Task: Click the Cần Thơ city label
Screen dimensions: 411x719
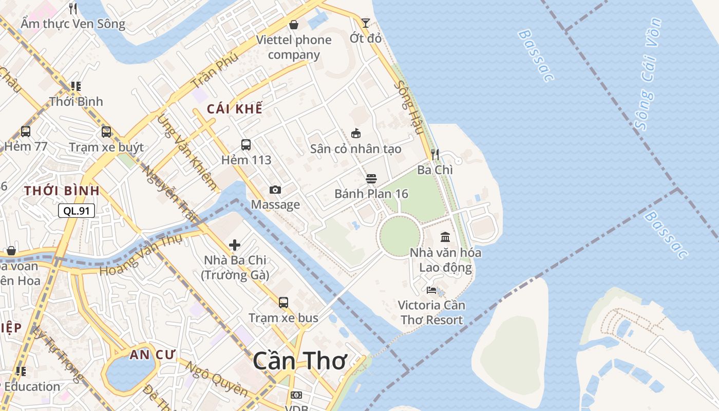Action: point(300,361)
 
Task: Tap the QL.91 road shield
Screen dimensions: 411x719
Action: point(77,210)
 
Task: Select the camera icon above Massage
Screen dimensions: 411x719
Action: point(275,190)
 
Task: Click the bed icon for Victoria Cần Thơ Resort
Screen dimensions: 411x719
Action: point(431,290)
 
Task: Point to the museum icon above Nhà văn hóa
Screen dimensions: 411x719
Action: point(445,237)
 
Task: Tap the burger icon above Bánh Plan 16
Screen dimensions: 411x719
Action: point(371,179)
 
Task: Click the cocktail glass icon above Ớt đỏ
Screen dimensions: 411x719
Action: point(365,23)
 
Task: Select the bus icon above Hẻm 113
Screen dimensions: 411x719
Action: point(246,145)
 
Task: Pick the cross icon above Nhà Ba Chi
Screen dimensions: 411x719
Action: point(235,245)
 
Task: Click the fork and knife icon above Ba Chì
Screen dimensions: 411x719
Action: point(435,154)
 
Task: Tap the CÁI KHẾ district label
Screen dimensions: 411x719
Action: point(234,109)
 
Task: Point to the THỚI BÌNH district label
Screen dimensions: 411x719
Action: point(62,191)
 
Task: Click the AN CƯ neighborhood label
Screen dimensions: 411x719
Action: point(153,354)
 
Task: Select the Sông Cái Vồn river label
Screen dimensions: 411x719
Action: point(648,74)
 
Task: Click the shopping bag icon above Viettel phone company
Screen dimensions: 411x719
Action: point(294,25)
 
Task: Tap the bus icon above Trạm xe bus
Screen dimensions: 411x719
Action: point(283,303)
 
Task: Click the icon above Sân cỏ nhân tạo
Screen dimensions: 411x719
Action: point(355,134)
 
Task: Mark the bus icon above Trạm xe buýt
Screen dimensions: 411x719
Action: point(106,132)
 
